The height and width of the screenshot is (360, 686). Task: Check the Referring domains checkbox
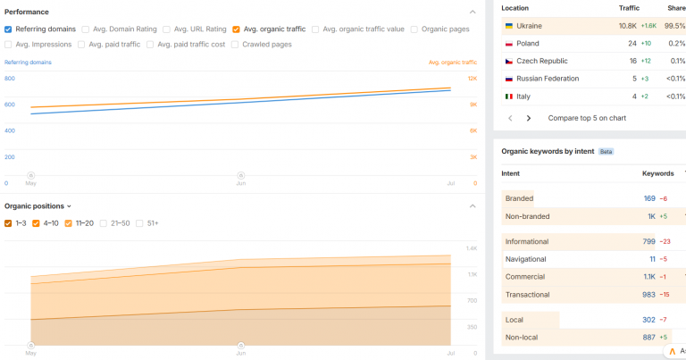8,29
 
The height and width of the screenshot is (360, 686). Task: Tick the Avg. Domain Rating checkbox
86,29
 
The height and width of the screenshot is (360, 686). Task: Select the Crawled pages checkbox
235,45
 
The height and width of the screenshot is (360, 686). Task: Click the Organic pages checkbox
414,29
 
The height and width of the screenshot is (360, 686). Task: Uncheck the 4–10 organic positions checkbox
36,223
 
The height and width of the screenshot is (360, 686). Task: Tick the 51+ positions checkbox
139,223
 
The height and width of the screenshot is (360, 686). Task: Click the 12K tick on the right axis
473,79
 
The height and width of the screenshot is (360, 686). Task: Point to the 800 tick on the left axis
10,79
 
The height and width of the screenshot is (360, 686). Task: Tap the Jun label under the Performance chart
241,183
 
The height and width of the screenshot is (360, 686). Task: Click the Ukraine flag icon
509,26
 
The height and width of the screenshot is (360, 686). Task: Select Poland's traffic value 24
632,44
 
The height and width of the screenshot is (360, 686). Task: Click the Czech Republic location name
542,62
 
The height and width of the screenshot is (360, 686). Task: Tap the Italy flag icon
509,96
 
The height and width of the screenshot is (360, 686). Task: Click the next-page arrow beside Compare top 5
529,118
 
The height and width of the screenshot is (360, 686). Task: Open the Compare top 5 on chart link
587,118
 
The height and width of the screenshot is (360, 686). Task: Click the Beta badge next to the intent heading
606,152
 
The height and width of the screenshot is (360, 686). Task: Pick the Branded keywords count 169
649,198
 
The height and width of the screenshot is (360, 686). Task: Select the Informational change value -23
665,242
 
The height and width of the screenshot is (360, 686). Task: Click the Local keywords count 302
648,320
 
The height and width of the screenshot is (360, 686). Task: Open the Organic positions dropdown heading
38,206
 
